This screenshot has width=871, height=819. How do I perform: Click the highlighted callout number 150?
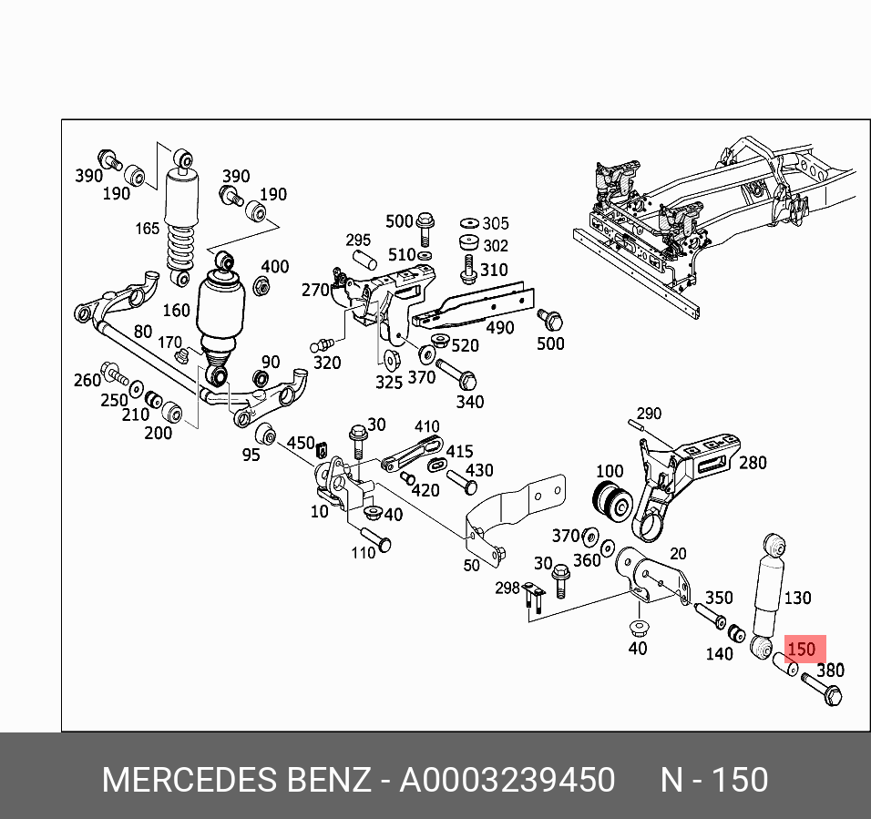(x=801, y=650)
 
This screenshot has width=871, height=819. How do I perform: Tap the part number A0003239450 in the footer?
(x=507, y=781)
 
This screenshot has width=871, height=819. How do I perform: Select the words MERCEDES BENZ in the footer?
(x=236, y=781)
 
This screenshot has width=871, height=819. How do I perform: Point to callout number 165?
(x=148, y=228)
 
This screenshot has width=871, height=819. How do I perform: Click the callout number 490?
(x=499, y=328)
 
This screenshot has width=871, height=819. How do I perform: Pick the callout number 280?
(x=753, y=462)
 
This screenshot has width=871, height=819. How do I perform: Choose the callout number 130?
(x=797, y=598)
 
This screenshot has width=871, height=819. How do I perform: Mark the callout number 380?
(x=830, y=671)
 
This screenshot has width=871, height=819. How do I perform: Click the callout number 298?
(x=507, y=588)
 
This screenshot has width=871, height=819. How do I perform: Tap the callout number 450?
(x=301, y=443)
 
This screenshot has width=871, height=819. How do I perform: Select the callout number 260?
(x=87, y=380)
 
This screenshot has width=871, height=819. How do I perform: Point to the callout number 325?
(x=389, y=383)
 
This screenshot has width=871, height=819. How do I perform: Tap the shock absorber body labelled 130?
(x=767, y=592)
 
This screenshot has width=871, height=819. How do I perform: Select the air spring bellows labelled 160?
(x=220, y=310)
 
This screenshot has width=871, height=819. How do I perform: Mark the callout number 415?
(x=458, y=451)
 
